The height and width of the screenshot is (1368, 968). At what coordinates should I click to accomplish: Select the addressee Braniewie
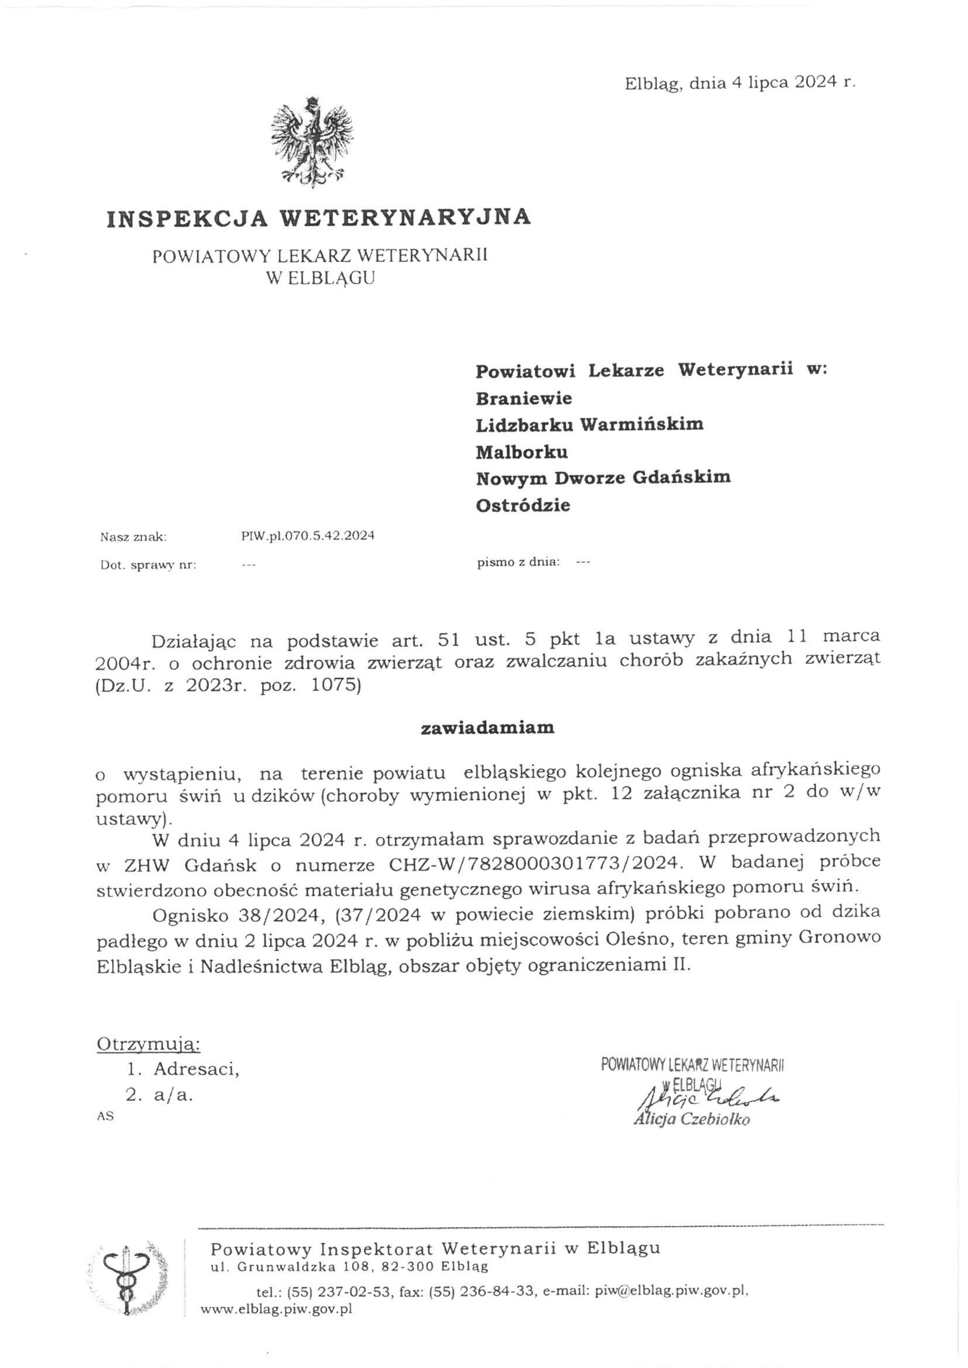click(523, 398)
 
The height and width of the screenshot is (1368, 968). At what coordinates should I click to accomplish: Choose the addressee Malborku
click(521, 452)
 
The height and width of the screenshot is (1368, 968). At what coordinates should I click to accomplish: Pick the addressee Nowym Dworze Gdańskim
click(603, 478)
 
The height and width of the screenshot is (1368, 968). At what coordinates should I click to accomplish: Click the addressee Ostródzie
click(523, 505)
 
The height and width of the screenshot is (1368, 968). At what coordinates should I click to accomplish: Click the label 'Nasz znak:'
click(133, 537)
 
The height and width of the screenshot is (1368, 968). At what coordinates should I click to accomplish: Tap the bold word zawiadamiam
click(487, 728)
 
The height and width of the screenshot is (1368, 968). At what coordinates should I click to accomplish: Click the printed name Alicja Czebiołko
click(691, 1120)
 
